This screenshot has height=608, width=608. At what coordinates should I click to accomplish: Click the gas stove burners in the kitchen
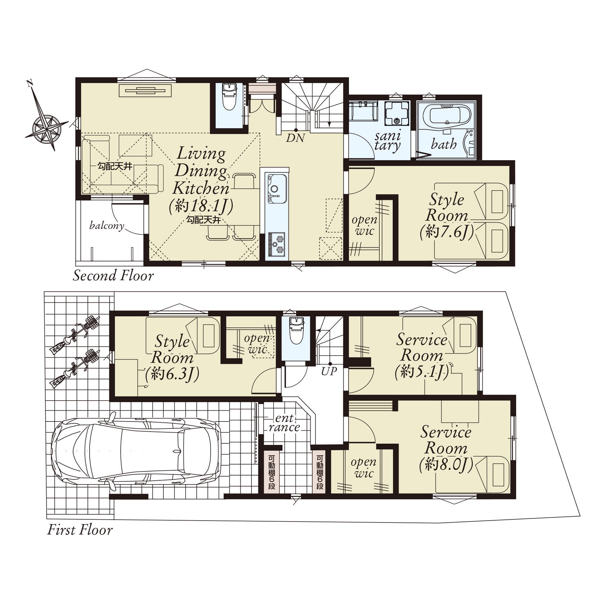277,244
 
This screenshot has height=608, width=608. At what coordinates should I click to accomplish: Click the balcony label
107,226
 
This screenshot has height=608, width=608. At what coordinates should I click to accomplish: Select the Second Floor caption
113,275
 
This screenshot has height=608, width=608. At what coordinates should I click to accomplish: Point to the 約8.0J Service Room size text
446,465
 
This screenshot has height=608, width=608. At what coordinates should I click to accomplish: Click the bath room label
444,144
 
